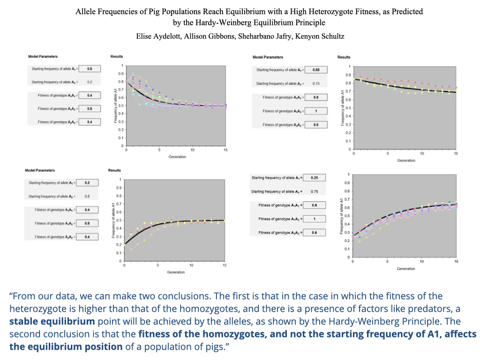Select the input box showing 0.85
click(x=316, y=70)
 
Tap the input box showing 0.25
click(x=315, y=178)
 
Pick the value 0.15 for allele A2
click(x=316, y=83)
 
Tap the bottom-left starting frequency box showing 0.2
click(x=87, y=183)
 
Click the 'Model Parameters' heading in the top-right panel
click(x=268, y=57)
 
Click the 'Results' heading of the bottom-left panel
click(x=114, y=170)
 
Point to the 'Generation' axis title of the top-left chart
click(x=177, y=157)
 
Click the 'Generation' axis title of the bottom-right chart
click(x=406, y=269)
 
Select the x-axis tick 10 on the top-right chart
click(x=422, y=154)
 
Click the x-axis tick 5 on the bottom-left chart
click(x=157, y=265)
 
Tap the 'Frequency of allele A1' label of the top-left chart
click(x=115, y=105)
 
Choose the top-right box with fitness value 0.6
click(x=316, y=125)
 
